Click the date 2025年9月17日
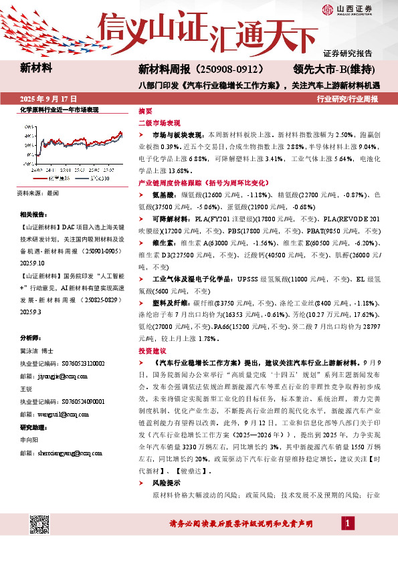click(x=49, y=98)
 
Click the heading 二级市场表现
click(x=159, y=123)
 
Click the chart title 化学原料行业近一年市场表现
click(x=60, y=109)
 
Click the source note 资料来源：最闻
click(x=37, y=193)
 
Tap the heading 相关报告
click(x=33, y=214)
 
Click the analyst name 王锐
click(x=26, y=388)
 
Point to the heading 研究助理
click(x=33, y=427)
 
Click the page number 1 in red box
click(x=349, y=522)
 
